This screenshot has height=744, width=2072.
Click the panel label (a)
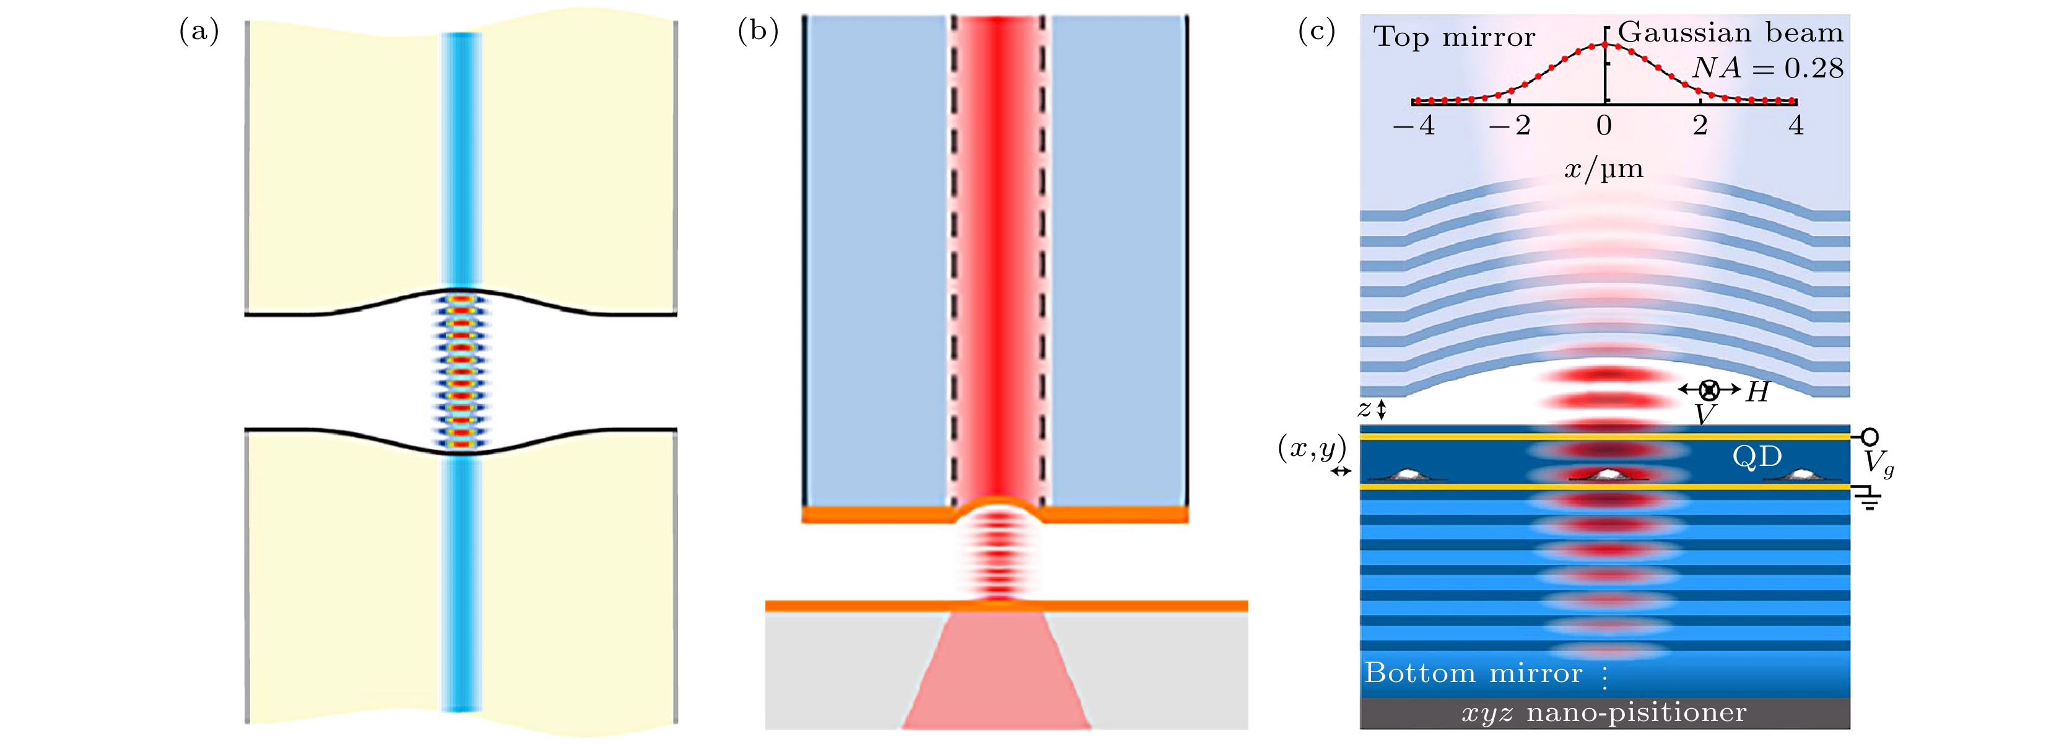(x=199, y=32)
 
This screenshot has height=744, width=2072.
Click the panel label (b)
(x=758, y=32)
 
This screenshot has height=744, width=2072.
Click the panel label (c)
(x=1317, y=32)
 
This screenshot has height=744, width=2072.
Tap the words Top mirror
(x=1454, y=37)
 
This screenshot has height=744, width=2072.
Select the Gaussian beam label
(x=1730, y=32)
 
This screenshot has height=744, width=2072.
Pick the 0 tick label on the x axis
(x=1604, y=126)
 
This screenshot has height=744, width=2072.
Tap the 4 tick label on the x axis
(x=1796, y=126)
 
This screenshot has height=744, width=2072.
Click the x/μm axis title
(x=1604, y=169)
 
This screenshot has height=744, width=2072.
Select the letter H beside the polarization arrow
(x=1757, y=392)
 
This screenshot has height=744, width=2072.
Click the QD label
(x=1757, y=457)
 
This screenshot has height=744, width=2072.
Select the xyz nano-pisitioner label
(x=1604, y=712)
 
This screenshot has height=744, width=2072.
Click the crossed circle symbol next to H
(x=1709, y=390)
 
